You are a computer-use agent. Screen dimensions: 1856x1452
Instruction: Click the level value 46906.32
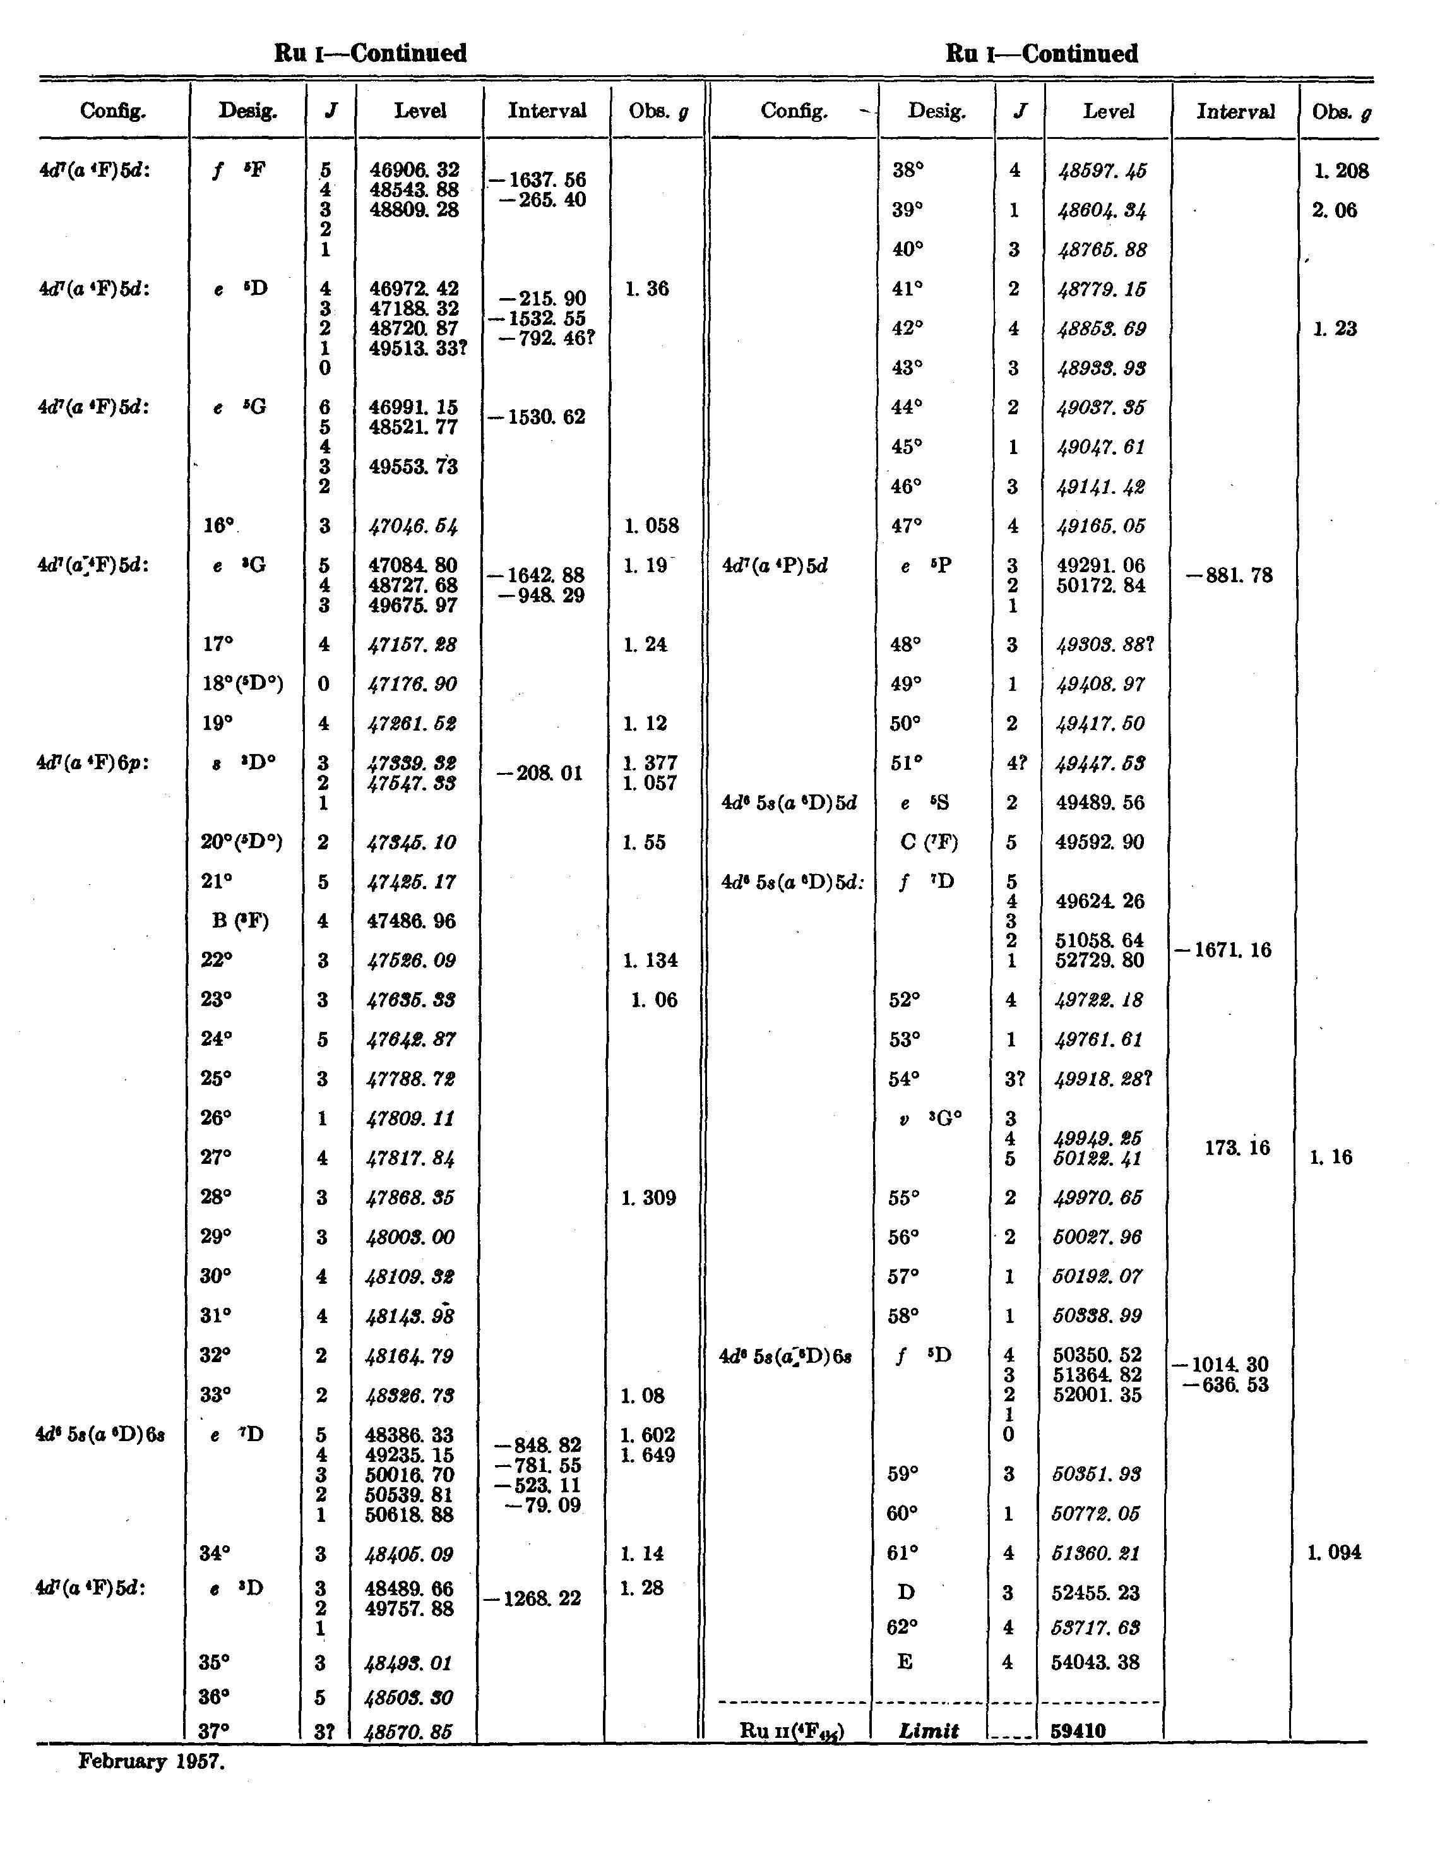point(414,170)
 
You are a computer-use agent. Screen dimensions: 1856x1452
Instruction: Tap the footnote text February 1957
point(152,1761)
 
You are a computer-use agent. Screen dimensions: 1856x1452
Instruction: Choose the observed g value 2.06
point(1334,210)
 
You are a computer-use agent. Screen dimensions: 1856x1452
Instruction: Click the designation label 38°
point(908,170)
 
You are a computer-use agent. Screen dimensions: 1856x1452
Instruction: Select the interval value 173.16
point(1236,1148)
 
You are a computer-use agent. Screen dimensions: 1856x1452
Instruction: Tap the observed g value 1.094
point(1334,1552)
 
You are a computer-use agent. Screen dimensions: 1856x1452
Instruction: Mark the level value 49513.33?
point(419,348)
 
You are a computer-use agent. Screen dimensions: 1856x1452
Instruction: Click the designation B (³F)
point(240,921)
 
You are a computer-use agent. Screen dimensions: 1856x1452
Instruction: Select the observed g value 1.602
point(648,1435)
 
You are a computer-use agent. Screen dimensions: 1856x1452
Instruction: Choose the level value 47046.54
point(414,525)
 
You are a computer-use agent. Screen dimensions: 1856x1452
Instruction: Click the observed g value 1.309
point(648,1197)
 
